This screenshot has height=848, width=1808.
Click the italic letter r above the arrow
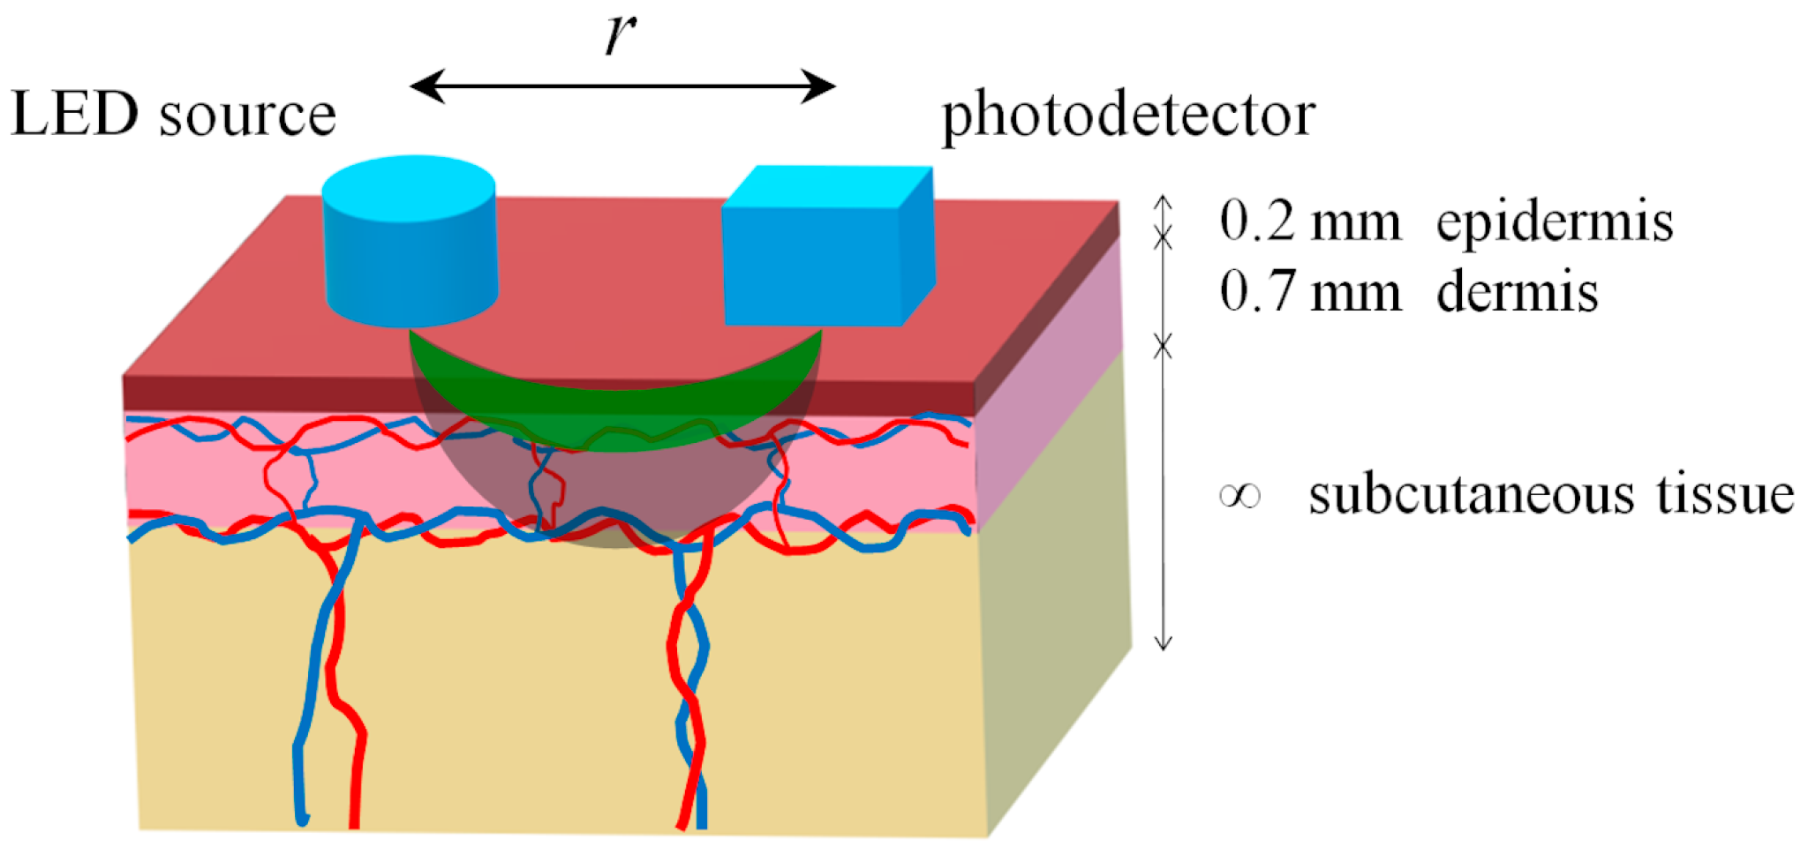[x=621, y=35]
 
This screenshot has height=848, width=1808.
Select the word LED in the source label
[x=75, y=115]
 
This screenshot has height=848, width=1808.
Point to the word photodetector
[x=1128, y=116]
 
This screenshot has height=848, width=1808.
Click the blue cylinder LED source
[x=411, y=265]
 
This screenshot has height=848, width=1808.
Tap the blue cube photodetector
[x=812, y=265]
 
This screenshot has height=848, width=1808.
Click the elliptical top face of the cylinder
[x=408, y=188]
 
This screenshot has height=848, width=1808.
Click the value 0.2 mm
[x=1310, y=221]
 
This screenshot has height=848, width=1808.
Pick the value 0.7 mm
[x=1310, y=291]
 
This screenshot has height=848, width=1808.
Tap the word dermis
[x=1517, y=291]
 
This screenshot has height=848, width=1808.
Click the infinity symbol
[x=1239, y=496]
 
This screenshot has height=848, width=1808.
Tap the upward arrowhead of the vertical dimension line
[x=1164, y=201]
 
